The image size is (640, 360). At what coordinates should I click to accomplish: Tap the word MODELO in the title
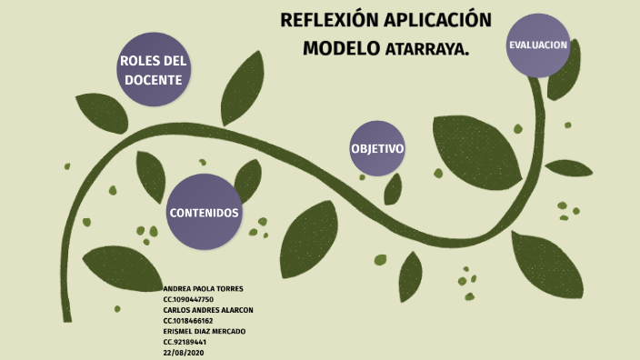coord(341,48)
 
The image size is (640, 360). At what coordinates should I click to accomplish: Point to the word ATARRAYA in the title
coord(427,49)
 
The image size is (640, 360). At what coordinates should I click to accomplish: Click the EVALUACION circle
coord(538,45)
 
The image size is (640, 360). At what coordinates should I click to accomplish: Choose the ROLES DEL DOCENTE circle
coord(153,70)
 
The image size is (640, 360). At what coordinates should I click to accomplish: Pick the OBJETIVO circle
coord(377,148)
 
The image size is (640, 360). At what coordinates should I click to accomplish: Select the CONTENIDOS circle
coord(204,212)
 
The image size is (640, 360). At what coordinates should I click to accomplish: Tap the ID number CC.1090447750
coord(188,299)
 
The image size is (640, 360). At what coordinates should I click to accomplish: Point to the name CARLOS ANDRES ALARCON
coord(207,310)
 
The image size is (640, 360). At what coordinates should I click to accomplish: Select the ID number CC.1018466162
coord(188,321)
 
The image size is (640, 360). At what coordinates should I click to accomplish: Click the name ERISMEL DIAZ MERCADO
coord(205,332)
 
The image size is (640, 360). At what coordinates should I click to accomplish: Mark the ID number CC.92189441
coord(185,343)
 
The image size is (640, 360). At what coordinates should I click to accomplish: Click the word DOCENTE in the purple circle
coord(153,80)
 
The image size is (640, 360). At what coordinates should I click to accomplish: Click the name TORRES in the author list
coord(228,288)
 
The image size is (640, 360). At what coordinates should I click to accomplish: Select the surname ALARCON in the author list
coord(238,310)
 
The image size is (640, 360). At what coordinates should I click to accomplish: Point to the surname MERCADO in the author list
coord(231,332)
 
